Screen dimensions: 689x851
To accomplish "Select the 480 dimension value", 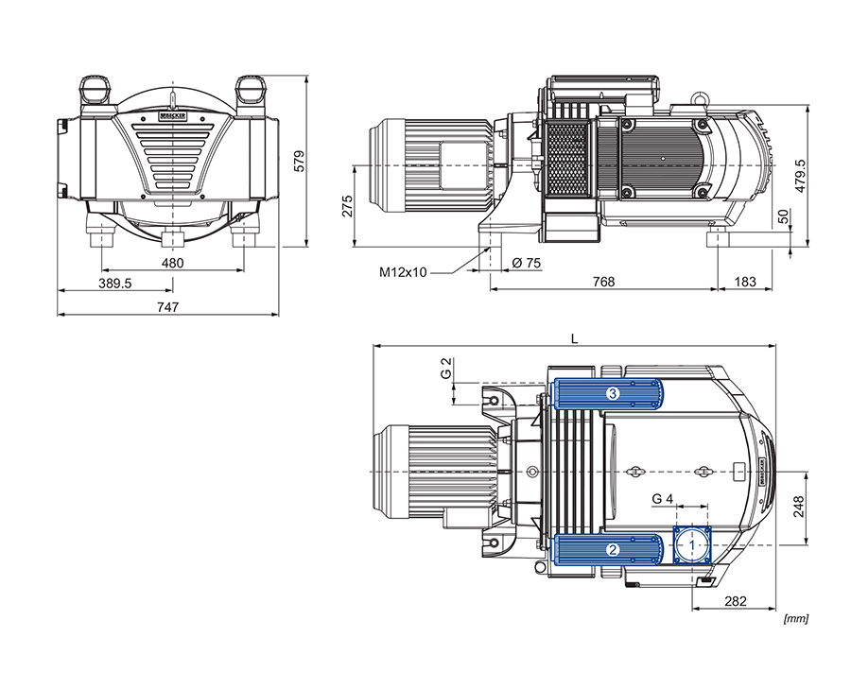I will pyautogui.click(x=171, y=263).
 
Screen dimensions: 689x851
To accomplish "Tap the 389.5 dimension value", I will pyautogui.click(x=114, y=284).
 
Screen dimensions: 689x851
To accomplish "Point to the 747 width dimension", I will pyautogui.click(x=167, y=306).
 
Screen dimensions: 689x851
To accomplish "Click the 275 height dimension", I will pyautogui.click(x=347, y=206).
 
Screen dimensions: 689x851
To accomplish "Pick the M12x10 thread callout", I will pyautogui.click(x=404, y=272).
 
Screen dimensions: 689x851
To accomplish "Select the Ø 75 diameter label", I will pyautogui.click(x=526, y=264).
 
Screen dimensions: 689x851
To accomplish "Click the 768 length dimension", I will pyautogui.click(x=603, y=282).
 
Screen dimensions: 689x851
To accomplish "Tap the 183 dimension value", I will pyautogui.click(x=745, y=282).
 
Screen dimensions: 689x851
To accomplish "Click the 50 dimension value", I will pyautogui.click(x=782, y=216).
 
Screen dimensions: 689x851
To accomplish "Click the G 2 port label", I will pyautogui.click(x=446, y=369).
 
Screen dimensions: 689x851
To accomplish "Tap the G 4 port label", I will pyautogui.click(x=663, y=498).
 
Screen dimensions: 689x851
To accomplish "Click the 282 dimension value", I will pyautogui.click(x=738, y=601).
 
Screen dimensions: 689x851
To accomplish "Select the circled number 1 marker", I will pyautogui.click(x=692, y=545).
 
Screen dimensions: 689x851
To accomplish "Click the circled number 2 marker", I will pyautogui.click(x=613, y=548).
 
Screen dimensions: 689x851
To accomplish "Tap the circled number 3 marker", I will pyautogui.click(x=613, y=394).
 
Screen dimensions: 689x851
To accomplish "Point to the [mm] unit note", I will pyautogui.click(x=796, y=619).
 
